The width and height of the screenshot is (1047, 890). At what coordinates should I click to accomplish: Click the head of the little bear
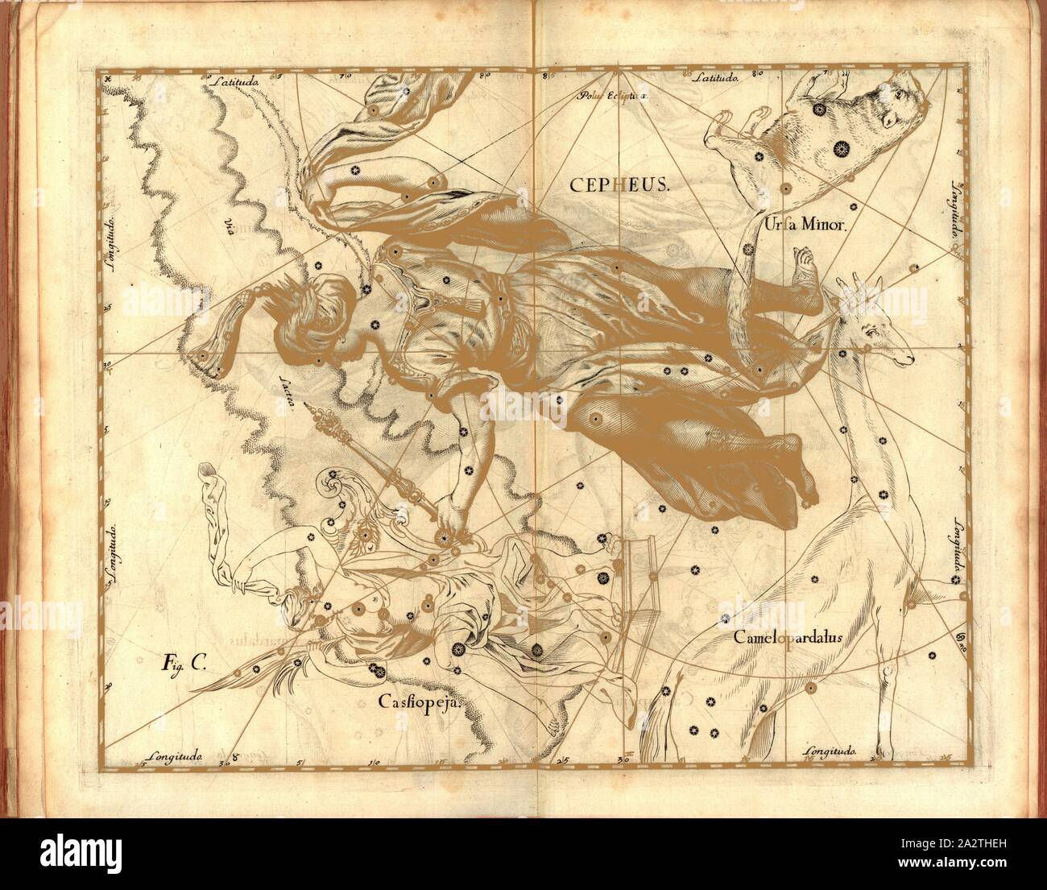[x=898, y=113]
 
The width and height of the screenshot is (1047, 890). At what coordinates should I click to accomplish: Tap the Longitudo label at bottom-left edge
[x=179, y=755]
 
